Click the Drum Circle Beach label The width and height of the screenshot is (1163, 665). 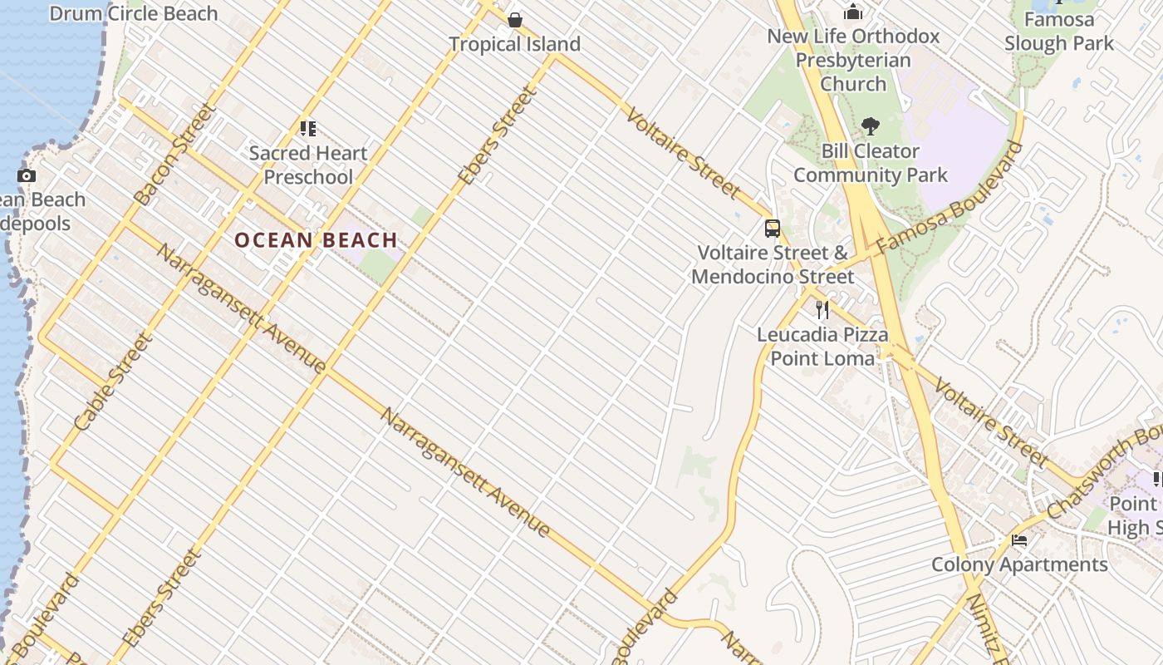134,13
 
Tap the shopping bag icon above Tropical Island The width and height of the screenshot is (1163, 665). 515,19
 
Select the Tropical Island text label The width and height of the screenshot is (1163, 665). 514,43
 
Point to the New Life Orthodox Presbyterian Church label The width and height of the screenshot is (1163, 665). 853,60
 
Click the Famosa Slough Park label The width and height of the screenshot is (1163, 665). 1058,31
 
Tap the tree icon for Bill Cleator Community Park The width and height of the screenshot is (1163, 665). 871,126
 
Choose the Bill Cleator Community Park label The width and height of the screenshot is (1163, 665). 871,163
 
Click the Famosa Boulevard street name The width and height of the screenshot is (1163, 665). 950,199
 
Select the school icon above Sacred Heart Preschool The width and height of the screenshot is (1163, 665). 308,129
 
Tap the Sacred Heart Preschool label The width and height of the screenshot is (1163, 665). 308,165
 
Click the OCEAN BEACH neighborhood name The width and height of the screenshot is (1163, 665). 316,240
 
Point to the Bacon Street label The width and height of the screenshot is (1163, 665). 175,154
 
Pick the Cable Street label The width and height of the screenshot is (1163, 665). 114,382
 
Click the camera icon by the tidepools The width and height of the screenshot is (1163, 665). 27,175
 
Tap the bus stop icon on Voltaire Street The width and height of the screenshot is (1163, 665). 773,228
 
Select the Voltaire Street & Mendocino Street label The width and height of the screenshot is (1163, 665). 773,264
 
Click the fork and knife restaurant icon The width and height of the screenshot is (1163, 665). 822,310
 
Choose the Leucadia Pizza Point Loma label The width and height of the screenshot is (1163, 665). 822,346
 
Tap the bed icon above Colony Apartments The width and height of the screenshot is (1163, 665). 1019,540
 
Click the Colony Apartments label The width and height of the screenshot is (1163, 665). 1019,564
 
